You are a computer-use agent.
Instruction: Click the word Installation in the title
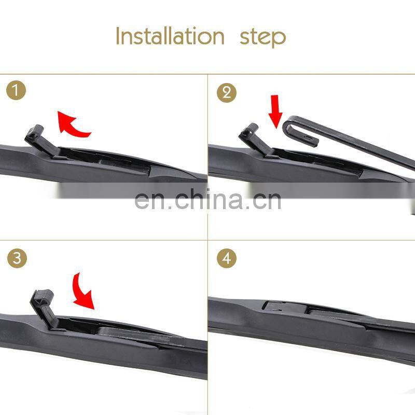coord(170,36)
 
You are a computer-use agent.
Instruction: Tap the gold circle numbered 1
coord(16,90)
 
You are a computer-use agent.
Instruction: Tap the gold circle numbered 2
coord(227,93)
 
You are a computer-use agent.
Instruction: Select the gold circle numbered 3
coord(17,258)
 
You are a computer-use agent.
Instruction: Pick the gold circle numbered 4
coord(227,258)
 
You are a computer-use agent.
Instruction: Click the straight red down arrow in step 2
coord(275,111)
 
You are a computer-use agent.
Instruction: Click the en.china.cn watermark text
coord(208,200)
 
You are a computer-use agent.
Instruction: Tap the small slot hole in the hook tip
coord(308,137)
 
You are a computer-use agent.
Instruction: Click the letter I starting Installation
coord(118,36)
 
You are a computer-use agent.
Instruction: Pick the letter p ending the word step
coord(279,40)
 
